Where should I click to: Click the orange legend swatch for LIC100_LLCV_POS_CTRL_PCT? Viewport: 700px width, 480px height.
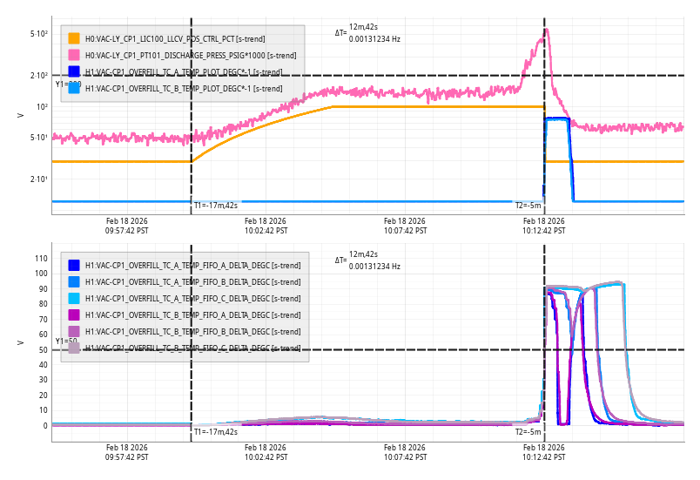point(74,38)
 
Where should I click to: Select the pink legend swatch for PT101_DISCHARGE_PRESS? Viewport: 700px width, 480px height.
point(74,55)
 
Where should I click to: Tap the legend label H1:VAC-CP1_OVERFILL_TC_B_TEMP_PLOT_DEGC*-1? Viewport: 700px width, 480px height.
point(184,88)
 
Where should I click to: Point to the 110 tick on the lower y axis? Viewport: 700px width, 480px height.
point(40,258)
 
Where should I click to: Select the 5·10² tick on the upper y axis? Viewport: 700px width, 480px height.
point(38,34)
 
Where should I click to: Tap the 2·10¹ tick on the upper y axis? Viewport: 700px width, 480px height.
point(38,179)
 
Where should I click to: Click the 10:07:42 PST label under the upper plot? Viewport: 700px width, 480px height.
point(405,226)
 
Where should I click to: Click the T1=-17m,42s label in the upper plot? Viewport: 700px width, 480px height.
point(215,206)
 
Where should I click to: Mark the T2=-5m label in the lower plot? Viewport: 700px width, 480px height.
point(528,431)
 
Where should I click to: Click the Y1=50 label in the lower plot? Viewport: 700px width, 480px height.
point(66,341)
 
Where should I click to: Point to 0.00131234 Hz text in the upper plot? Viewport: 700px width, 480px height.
point(374,38)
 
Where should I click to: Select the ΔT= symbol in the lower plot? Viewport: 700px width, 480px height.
point(340,260)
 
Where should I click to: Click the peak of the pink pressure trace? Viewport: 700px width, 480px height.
point(546,30)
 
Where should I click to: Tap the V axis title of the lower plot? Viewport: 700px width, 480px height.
point(20,342)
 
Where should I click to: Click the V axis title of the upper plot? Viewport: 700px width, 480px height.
point(20,115)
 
